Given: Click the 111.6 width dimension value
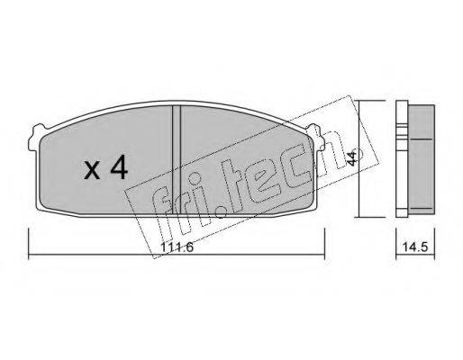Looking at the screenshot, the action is (x=177, y=247).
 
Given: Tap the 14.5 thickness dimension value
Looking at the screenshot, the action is (x=415, y=247).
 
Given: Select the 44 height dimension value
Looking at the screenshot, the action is (x=351, y=157).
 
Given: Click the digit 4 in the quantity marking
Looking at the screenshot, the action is (x=119, y=168).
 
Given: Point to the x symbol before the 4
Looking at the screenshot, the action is (x=92, y=170).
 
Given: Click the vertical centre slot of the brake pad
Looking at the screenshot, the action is (x=177, y=160).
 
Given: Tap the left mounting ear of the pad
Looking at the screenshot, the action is (x=36, y=137).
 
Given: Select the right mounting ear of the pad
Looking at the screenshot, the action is (x=317, y=137).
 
